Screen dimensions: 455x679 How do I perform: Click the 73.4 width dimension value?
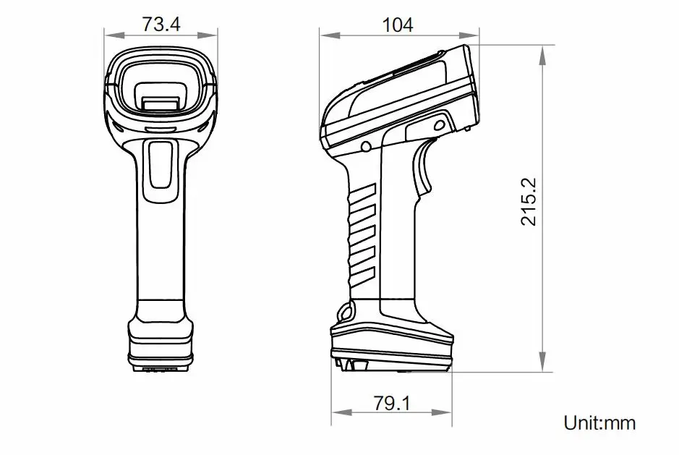[161, 24]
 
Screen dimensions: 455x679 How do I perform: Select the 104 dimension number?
[398, 24]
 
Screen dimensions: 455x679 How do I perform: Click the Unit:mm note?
[599, 422]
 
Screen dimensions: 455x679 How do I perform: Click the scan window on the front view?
[160, 85]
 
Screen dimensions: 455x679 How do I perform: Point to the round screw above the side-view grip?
[366, 147]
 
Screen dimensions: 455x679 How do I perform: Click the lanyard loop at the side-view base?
[346, 313]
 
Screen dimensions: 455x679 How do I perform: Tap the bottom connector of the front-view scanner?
[160, 368]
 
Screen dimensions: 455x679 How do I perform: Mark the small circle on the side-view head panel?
[437, 124]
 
